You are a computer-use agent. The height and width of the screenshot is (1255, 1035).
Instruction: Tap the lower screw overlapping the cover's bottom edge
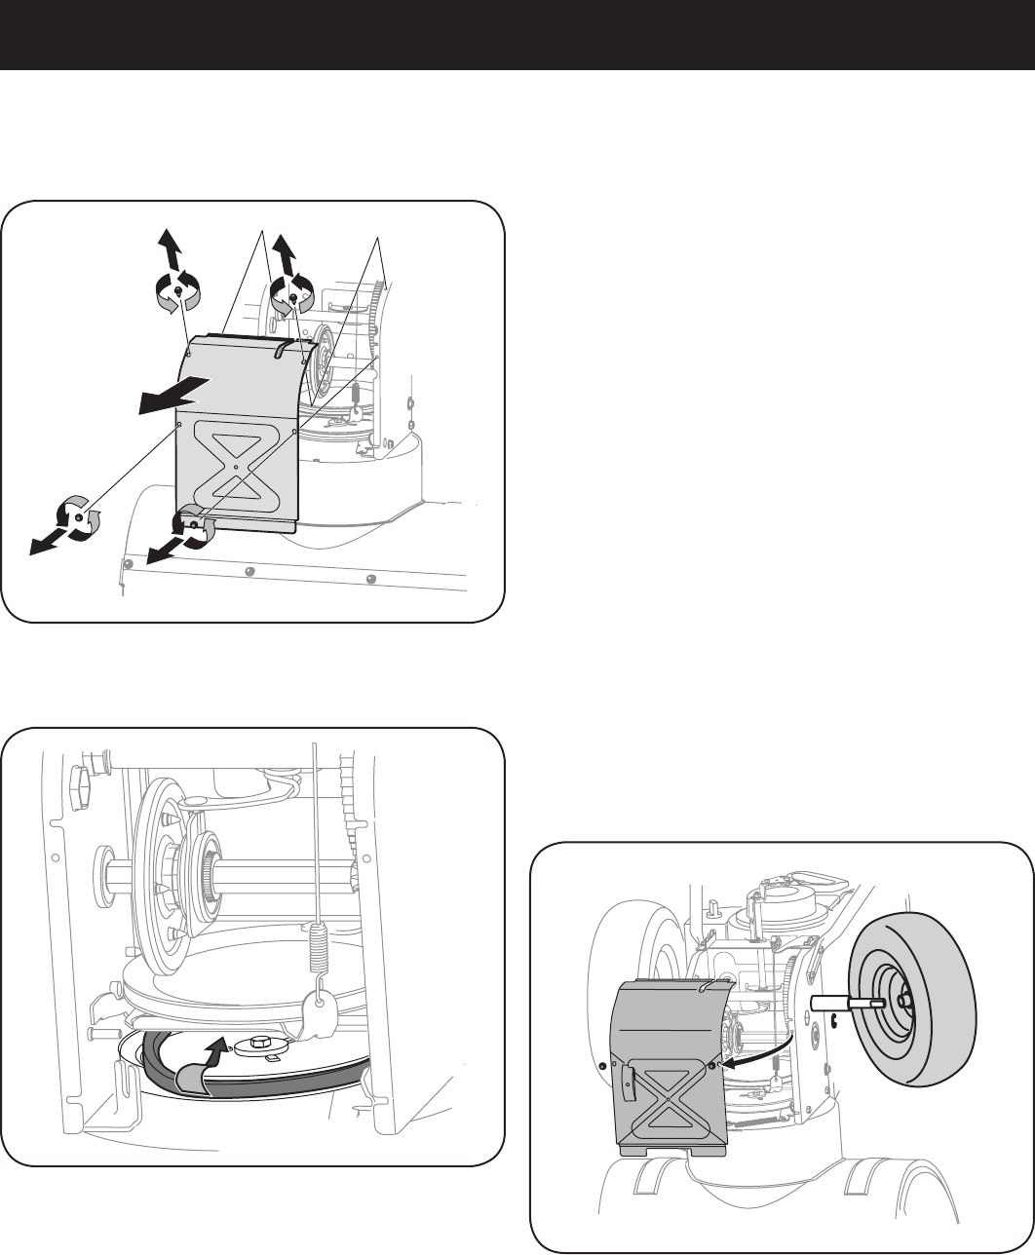194,525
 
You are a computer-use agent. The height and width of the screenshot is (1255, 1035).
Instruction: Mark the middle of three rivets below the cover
249,572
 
